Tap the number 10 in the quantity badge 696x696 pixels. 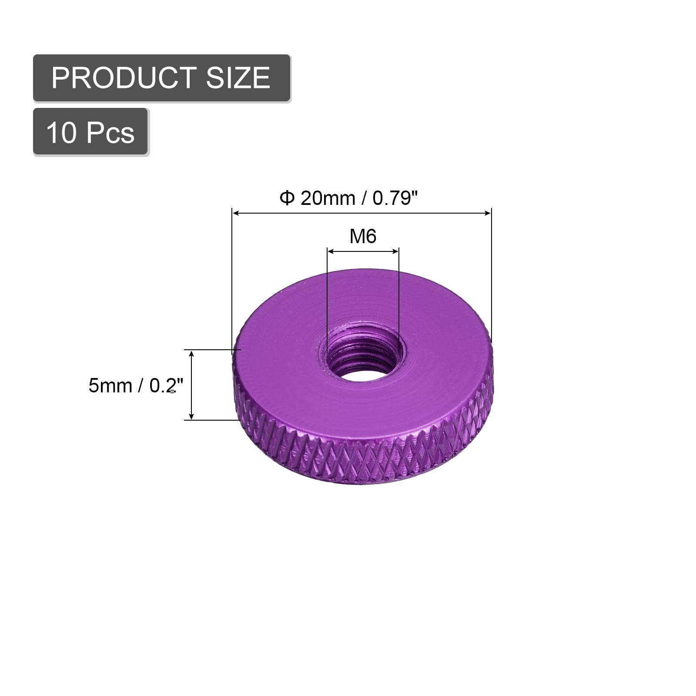tap(61, 132)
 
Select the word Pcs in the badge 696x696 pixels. tap(110, 132)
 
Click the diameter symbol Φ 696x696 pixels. tap(287, 198)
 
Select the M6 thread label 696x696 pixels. tap(363, 237)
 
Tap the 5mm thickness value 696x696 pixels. tap(110, 386)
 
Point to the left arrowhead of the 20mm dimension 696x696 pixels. tap(236, 213)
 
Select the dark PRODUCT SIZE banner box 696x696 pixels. tap(162, 78)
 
